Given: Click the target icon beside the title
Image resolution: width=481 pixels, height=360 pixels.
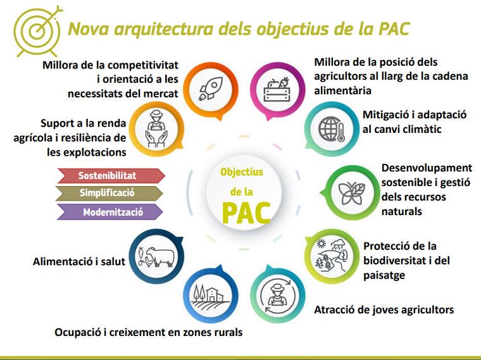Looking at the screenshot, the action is pos(37,30).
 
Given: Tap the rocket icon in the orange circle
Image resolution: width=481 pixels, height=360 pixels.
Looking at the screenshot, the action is pos(211,89).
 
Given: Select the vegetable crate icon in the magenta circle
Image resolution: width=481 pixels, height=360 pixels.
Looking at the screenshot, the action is pos(277,90).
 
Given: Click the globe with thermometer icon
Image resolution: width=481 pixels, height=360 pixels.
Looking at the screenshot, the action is pos(332,129).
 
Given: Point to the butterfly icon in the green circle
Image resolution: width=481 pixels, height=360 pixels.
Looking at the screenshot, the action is pos(352,193).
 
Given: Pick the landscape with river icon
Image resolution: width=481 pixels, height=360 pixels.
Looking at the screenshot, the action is pos(330,256).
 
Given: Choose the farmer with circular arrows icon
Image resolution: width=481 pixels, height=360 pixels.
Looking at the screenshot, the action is pos(278,296).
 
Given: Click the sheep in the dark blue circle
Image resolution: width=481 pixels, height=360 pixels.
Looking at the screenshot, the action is pos(161,256).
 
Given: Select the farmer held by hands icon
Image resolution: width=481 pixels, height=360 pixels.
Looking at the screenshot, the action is pos(156,129).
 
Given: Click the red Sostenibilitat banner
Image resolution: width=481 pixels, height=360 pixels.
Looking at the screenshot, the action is pos(111,176).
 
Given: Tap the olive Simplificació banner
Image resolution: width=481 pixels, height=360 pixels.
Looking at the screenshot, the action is pos(109,193).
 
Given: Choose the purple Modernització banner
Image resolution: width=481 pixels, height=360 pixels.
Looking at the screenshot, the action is pos(110,212).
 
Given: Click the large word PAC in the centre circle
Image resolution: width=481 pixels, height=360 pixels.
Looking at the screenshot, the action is pos(246,213).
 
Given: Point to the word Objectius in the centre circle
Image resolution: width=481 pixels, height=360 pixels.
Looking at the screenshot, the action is pos(242,172).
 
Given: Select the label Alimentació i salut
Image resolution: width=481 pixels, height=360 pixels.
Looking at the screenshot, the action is pos(79,261).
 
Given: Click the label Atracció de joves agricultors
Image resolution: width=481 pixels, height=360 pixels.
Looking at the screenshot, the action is pos(384,310).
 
